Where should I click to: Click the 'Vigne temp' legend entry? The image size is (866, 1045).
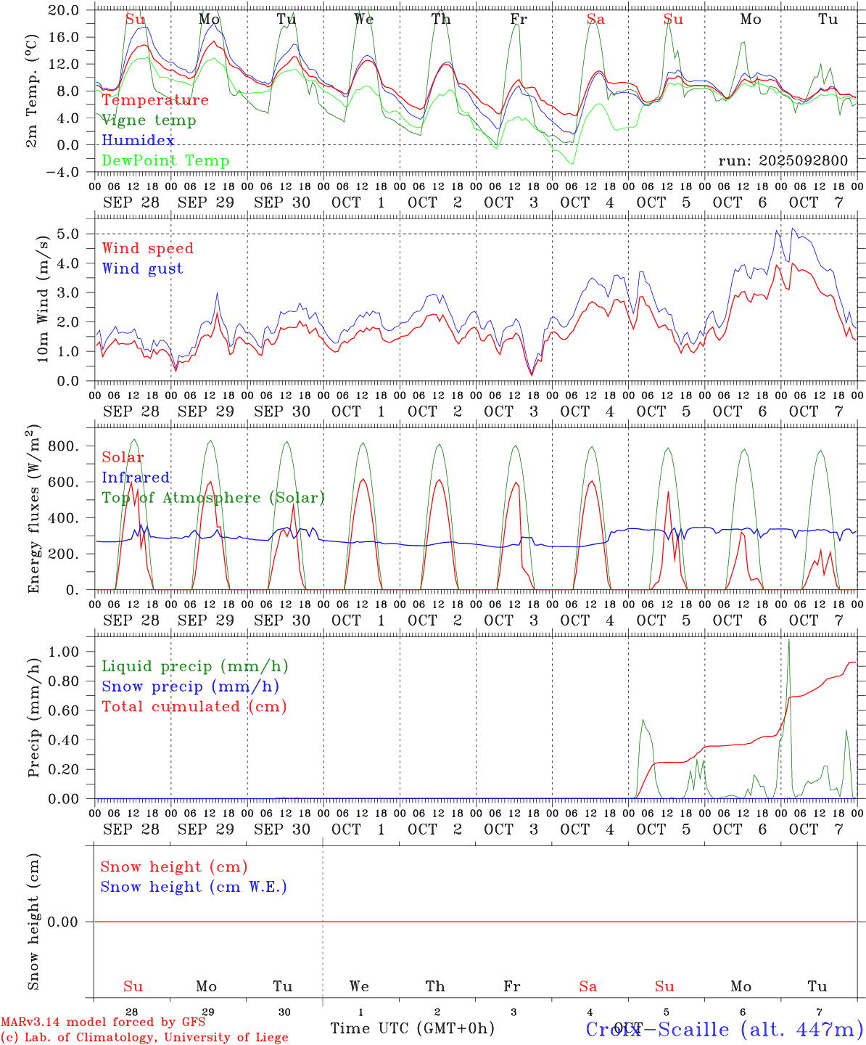[x=149, y=120]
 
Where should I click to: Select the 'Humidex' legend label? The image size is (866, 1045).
[x=138, y=141]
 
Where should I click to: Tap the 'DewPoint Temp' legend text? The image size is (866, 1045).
[x=165, y=161]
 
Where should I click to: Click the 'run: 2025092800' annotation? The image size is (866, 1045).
[x=783, y=161]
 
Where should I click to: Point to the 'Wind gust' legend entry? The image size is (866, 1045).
[x=142, y=269]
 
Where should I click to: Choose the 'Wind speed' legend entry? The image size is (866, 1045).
[x=148, y=248]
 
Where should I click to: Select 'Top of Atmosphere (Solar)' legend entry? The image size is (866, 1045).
[x=213, y=498]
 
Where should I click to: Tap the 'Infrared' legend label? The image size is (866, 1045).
[x=136, y=478]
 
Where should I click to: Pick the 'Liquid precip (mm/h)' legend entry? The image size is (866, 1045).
[x=194, y=666]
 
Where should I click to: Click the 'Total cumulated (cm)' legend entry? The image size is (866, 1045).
[x=194, y=707]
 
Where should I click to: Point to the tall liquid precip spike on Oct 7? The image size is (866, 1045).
[x=788, y=642]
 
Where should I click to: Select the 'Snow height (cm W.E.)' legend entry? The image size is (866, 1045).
[x=194, y=887]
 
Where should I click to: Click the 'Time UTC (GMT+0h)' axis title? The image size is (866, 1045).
[x=412, y=1028]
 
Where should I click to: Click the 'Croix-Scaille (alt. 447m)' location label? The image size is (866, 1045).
[x=724, y=1029]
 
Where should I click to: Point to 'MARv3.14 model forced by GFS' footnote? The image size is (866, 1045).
[x=103, y=1022]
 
